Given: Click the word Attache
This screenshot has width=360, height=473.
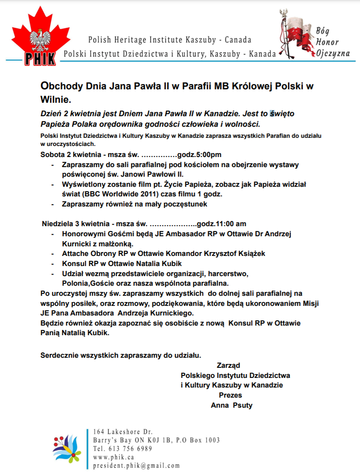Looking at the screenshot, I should point(76,253).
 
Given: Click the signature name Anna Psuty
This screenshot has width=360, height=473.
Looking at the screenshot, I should point(232,405).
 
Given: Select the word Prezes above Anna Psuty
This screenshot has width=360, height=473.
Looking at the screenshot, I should point(230,395).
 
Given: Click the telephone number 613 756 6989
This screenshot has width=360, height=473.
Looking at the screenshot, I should point(130,449).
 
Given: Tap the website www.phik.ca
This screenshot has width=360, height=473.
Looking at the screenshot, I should point(114,457).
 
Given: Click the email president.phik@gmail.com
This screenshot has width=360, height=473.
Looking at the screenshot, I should point(137,466).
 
